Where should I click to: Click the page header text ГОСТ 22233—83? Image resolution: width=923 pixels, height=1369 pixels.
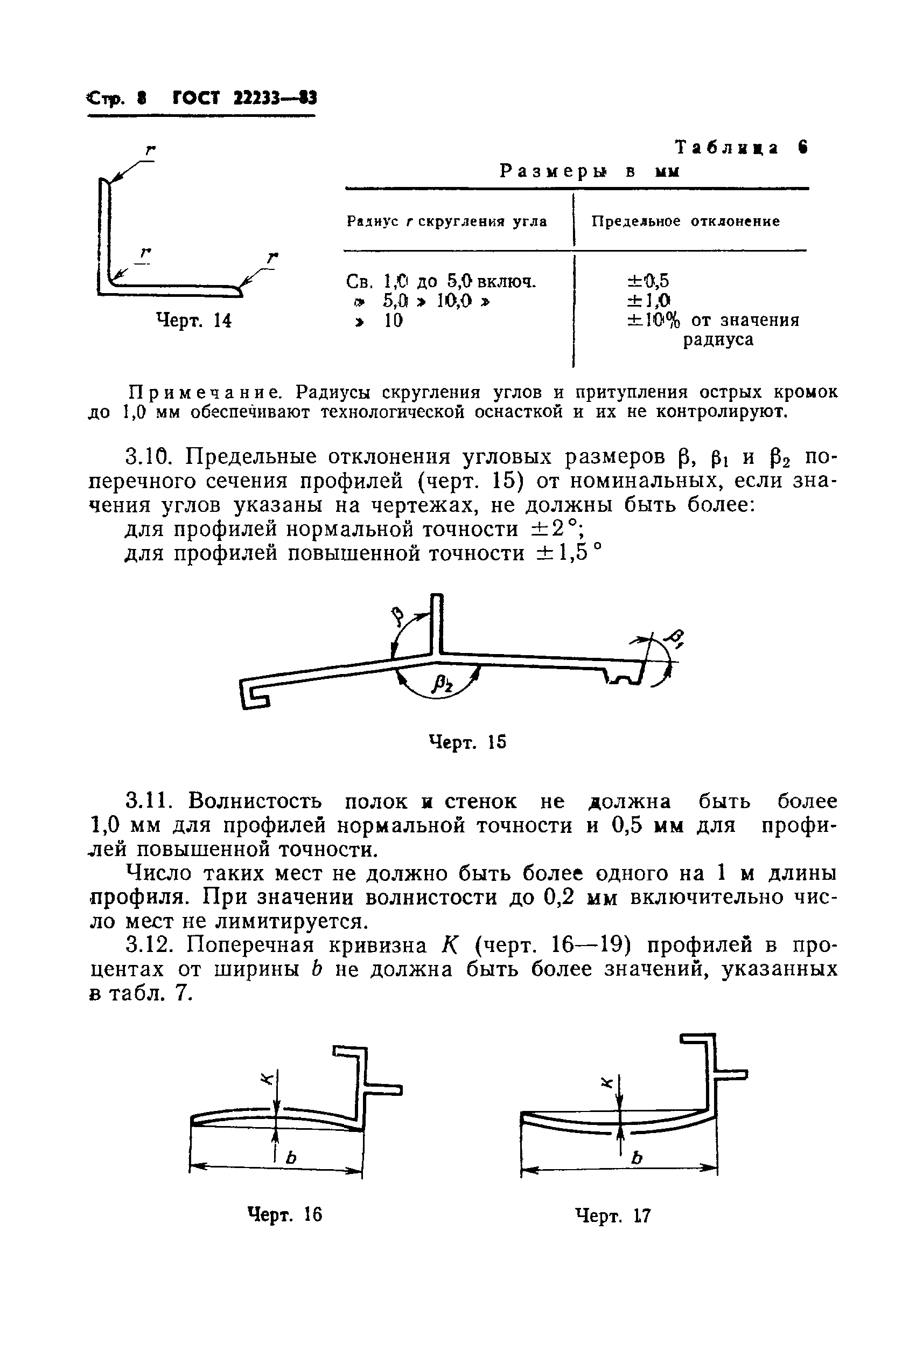coord(245,98)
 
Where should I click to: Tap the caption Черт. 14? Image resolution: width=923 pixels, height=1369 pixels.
coord(194,321)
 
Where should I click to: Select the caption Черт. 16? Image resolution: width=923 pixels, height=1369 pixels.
coord(285,1214)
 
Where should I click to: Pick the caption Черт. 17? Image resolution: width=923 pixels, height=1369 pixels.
coord(613,1215)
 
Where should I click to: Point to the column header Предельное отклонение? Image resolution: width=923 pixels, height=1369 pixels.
coord(685,221)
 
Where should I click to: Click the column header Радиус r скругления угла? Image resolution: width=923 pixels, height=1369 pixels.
coord(447,221)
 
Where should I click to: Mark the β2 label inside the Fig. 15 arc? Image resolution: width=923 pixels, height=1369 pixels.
coord(443,684)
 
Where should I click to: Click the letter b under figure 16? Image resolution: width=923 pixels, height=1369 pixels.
coord(290,1157)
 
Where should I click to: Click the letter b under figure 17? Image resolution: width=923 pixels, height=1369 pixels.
coord(636,1158)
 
